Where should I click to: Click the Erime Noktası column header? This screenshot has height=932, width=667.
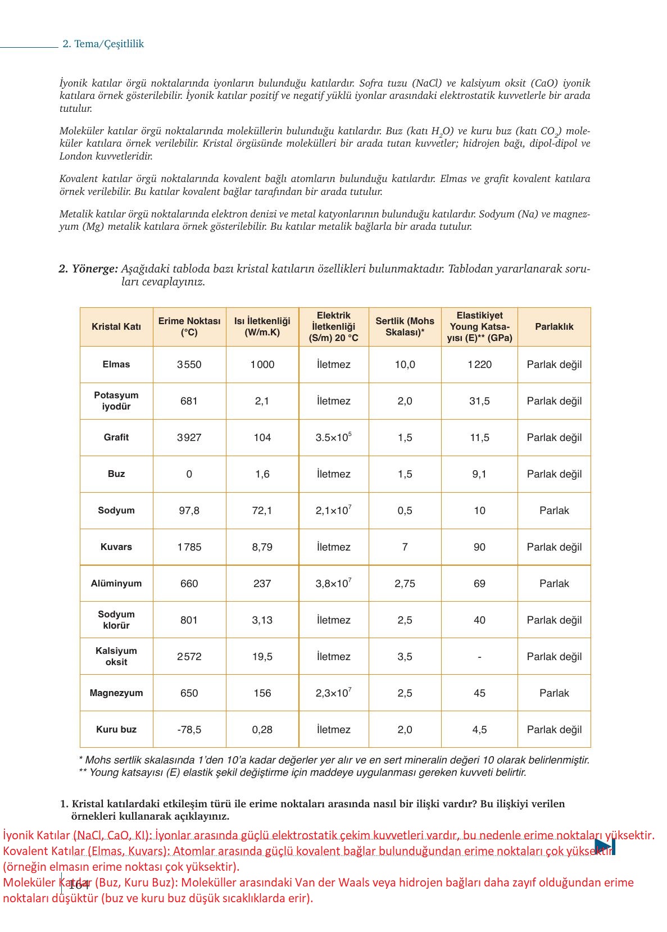click(x=189, y=326)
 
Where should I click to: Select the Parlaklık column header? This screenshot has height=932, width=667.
click(x=554, y=326)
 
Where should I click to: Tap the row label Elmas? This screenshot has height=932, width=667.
click(x=116, y=365)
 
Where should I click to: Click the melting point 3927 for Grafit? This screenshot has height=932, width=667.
click(x=189, y=438)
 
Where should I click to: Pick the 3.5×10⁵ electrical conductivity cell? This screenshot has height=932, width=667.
click(x=333, y=437)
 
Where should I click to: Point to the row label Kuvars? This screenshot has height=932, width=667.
click(x=116, y=547)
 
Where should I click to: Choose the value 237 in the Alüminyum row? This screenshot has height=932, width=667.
click(x=262, y=584)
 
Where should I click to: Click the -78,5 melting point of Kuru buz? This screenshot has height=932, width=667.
click(x=189, y=730)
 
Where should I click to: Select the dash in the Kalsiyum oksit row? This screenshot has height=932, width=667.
click(x=479, y=657)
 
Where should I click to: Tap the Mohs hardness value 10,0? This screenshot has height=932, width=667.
click(x=405, y=365)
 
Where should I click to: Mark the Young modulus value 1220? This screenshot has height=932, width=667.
click(x=479, y=365)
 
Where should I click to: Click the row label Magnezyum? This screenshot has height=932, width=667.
click(x=116, y=693)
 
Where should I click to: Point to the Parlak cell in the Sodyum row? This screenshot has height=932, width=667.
click(x=554, y=511)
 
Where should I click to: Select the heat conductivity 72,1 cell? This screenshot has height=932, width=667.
click(x=262, y=511)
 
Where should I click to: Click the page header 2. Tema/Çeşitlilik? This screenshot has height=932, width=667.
click(x=103, y=44)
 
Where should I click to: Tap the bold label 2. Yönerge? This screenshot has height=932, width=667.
click(x=88, y=269)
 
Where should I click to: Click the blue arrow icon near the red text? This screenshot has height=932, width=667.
click(x=605, y=847)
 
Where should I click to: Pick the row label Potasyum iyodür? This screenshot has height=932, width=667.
click(x=116, y=401)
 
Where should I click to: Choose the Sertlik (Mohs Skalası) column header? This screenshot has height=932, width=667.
click(x=405, y=326)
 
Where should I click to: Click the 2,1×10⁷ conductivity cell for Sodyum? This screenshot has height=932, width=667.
click(x=333, y=510)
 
